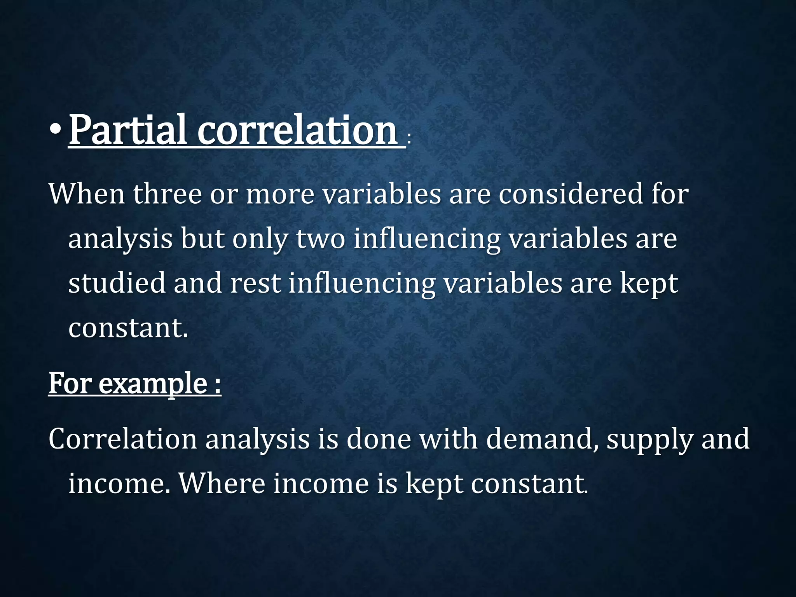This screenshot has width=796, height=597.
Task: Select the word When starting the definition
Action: [86, 194]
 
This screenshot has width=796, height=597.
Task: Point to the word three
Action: [168, 194]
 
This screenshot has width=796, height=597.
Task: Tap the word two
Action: [320, 238]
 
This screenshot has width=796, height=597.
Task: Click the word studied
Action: [117, 283]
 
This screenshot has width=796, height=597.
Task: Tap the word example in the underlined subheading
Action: [153, 384]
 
